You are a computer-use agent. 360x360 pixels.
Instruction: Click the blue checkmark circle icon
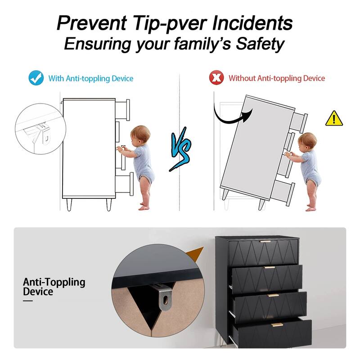[36, 78]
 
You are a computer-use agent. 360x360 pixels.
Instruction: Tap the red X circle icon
[216, 78]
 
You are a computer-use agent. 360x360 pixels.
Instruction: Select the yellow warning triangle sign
[334, 118]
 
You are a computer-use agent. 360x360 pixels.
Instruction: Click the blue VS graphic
[181, 149]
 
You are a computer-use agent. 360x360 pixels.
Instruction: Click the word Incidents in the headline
[252, 23]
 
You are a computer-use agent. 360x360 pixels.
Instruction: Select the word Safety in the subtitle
[261, 44]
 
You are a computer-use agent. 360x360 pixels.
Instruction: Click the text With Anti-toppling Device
[91, 78]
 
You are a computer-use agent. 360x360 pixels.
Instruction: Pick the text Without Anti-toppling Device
[277, 78]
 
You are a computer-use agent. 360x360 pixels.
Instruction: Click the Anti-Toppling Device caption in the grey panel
[54, 287]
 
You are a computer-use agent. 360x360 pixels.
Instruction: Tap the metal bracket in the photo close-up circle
[163, 297]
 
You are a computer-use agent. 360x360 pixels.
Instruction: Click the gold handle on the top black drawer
[265, 241]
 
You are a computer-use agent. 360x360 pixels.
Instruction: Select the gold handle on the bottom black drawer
[277, 324]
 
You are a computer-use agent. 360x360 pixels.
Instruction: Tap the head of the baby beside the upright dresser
[140, 134]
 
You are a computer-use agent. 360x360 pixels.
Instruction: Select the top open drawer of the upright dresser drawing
[122, 110]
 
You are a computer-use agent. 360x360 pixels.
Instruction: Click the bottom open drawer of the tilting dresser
[283, 193]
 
